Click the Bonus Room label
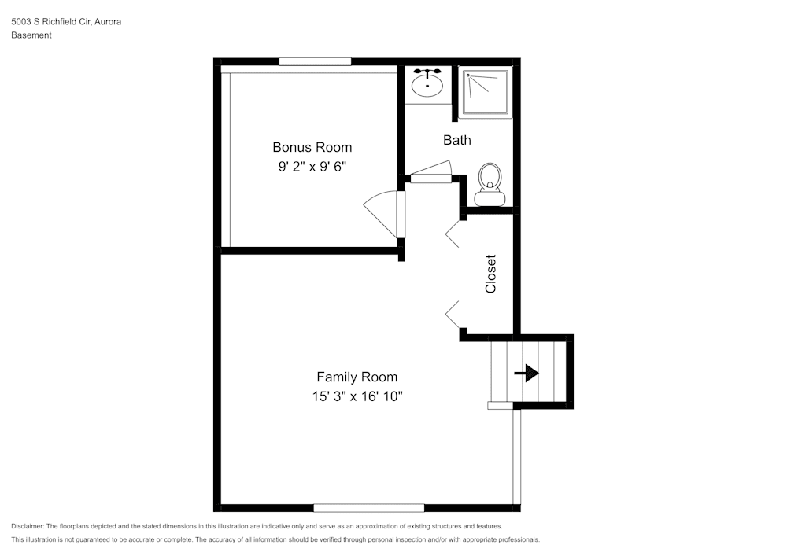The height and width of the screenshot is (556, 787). (312, 147)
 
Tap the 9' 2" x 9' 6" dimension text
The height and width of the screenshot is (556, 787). (312, 167)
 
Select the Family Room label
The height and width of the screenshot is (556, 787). (357, 377)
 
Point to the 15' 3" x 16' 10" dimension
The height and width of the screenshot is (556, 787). (357, 396)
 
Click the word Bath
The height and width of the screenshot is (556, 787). (456, 140)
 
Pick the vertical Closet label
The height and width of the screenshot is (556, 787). (490, 274)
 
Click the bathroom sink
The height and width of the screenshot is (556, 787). (427, 85)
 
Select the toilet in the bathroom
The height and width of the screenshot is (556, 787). (490, 183)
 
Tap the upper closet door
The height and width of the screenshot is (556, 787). (453, 234)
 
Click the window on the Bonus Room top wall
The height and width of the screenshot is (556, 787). (315, 61)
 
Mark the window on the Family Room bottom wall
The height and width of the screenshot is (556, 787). (368, 508)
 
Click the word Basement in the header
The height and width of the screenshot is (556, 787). (31, 35)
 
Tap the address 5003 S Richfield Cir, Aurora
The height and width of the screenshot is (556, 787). (66, 22)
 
